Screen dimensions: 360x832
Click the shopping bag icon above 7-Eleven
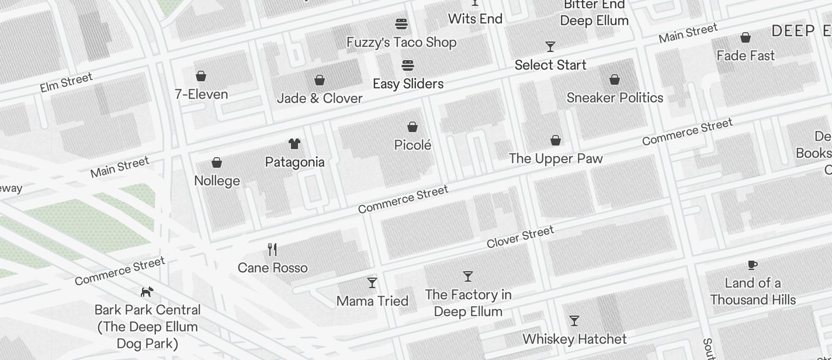click(x=201, y=76)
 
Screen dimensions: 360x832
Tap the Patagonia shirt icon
click(x=294, y=144)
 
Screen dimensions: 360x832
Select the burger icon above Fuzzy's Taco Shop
click(x=401, y=24)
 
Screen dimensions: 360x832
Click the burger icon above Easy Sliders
click(x=408, y=65)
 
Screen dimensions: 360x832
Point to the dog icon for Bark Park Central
click(x=147, y=291)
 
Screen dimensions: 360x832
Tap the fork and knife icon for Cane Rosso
click(x=272, y=250)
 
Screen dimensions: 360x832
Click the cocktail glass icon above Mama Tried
click(x=372, y=283)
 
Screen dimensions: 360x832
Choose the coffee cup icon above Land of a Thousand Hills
click(x=753, y=265)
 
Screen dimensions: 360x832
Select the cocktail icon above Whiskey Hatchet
click(x=574, y=321)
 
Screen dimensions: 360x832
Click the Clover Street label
click(x=520, y=237)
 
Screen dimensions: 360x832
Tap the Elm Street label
click(x=66, y=82)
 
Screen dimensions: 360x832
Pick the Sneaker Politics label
click(x=615, y=98)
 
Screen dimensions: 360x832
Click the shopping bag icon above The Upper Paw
click(x=556, y=140)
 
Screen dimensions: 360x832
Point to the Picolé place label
click(x=412, y=145)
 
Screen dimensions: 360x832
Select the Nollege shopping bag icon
click(x=217, y=162)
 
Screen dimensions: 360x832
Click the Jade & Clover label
click(x=320, y=98)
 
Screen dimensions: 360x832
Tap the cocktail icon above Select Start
click(x=550, y=46)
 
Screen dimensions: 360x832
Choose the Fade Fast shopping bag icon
click(x=746, y=38)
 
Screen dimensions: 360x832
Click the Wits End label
click(x=475, y=19)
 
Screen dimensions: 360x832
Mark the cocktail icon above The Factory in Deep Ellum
click(x=468, y=276)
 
